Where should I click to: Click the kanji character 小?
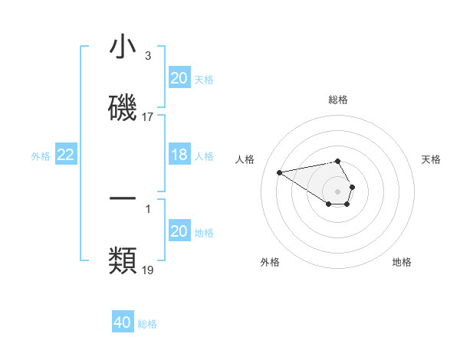[123, 47]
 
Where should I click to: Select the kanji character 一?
[123, 198]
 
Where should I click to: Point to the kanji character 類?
[123, 260]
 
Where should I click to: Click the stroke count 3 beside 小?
[147, 56]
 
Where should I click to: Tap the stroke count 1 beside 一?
[147, 207]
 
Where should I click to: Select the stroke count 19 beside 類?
[148, 270]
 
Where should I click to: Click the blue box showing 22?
[66, 155]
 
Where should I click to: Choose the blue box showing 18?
[179, 155]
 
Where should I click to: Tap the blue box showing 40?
[123, 322]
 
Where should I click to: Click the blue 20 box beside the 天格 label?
[179, 78]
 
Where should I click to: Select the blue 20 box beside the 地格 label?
[179, 231]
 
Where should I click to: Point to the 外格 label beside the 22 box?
[41, 156]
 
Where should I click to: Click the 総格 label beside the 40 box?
[147, 324]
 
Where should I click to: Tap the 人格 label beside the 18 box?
[204, 156]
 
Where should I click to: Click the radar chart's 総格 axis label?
[338, 100]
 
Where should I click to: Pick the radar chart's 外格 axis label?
[270, 262]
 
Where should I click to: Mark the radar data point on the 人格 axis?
[280, 172]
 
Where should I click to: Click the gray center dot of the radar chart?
[338, 191]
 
